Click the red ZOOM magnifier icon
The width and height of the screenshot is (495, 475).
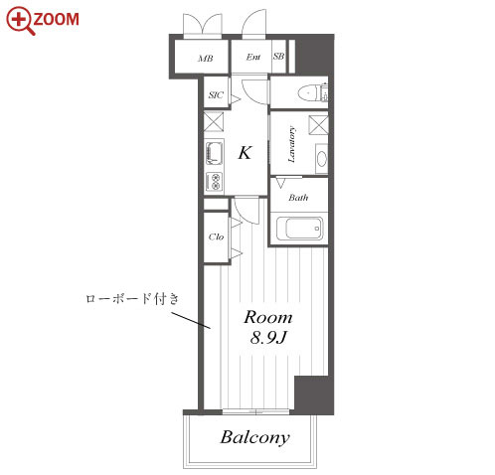[x=21, y=21]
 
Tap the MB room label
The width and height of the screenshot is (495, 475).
[x=206, y=59]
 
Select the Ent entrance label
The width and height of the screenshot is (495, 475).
[x=253, y=57]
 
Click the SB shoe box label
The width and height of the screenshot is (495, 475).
[x=278, y=57]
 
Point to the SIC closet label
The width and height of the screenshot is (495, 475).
[x=216, y=95]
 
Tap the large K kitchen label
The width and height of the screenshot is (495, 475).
[x=245, y=153]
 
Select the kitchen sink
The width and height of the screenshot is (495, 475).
[x=214, y=153]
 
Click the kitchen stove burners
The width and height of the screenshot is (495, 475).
[x=214, y=182]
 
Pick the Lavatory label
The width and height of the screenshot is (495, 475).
[x=291, y=144]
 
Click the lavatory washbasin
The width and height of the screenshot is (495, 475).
[x=322, y=159]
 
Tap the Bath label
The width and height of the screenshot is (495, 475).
[x=298, y=198]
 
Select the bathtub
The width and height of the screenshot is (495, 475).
[x=299, y=228]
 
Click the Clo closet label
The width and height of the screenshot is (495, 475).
[x=216, y=237]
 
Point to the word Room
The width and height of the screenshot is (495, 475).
[x=268, y=317]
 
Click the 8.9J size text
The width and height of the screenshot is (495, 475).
[x=268, y=338]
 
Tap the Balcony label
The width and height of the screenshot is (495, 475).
[x=255, y=437]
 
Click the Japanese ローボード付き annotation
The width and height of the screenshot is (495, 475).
[x=132, y=299]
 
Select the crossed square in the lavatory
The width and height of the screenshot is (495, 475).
[x=318, y=125]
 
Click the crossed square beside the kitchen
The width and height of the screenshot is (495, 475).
[x=214, y=122]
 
